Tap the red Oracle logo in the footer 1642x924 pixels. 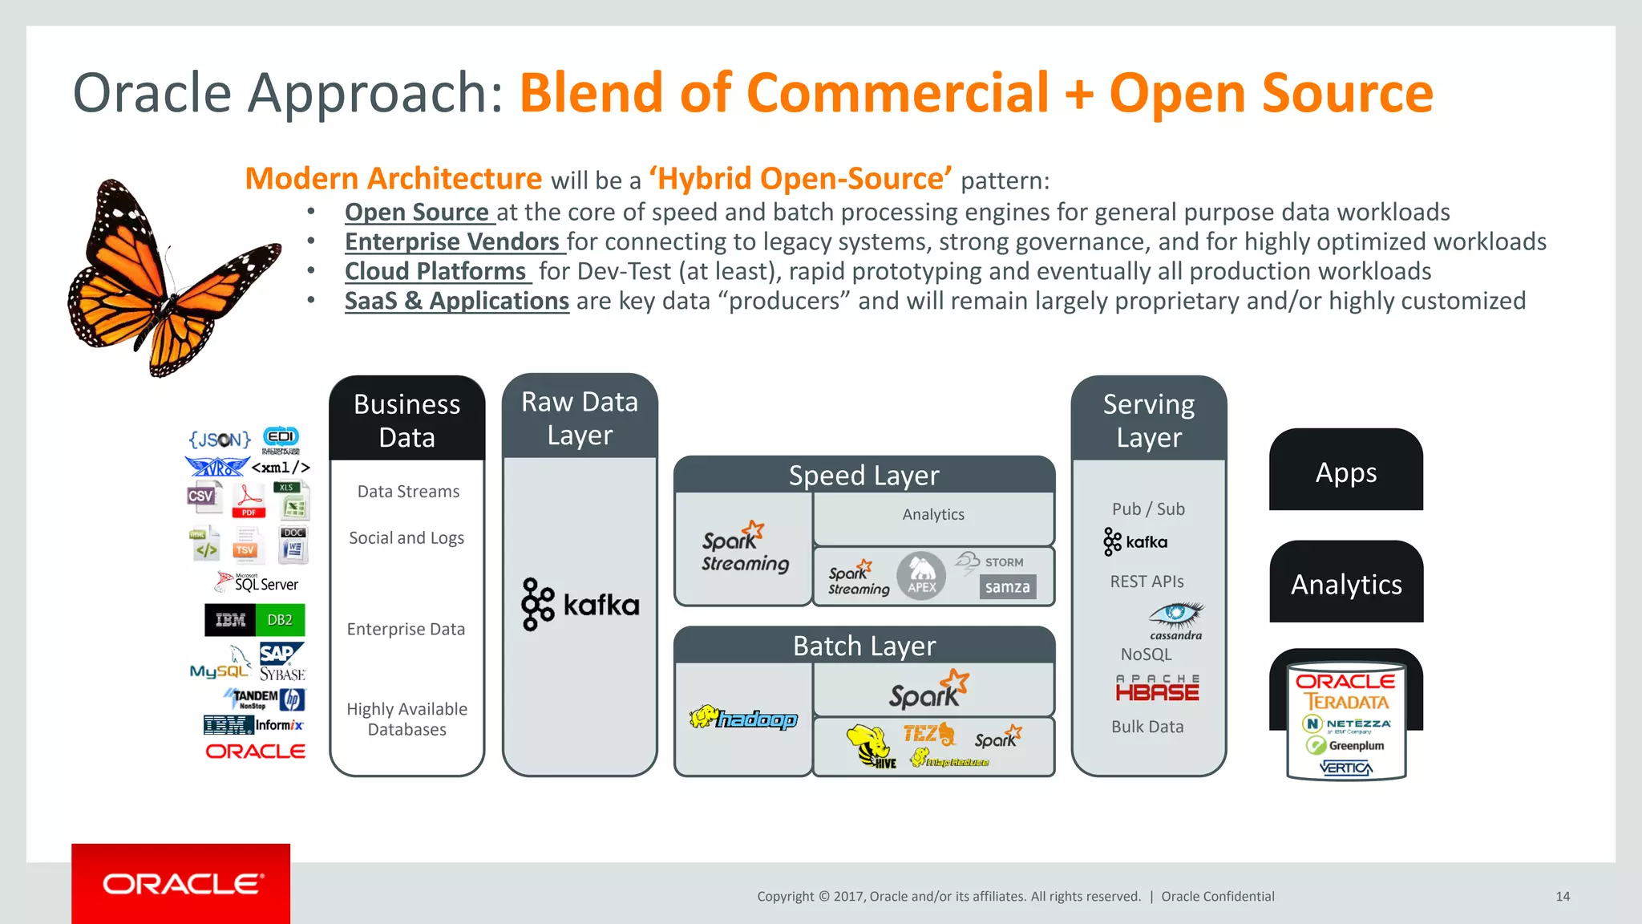click(x=181, y=884)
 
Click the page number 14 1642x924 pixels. click(x=1563, y=897)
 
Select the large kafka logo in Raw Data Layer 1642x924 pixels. click(x=580, y=604)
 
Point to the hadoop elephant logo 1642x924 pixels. click(x=743, y=718)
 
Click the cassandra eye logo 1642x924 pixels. click(x=1175, y=615)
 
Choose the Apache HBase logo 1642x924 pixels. click(x=1157, y=689)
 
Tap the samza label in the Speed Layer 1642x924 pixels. click(x=1007, y=587)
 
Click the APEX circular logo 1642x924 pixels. click(x=921, y=576)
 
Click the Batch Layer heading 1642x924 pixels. click(x=864, y=646)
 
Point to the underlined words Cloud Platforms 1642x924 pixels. click(x=435, y=271)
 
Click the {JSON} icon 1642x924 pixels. click(x=220, y=440)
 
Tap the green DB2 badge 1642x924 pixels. click(x=280, y=620)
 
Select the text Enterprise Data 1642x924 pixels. click(x=406, y=630)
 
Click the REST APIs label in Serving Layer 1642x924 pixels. click(x=1147, y=582)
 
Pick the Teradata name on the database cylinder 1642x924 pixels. click(x=1346, y=702)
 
